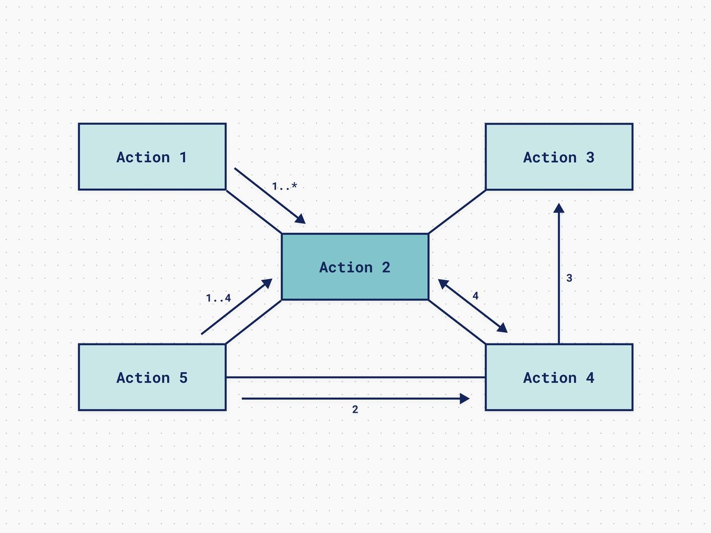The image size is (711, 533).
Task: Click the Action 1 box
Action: (152, 157)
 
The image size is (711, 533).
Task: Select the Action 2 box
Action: (354, 267)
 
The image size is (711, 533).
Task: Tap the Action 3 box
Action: (559, 157)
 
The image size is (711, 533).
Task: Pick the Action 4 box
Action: (559, 377)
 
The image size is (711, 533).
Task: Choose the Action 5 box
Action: (152, 377)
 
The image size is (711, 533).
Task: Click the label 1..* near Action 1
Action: (284, 187)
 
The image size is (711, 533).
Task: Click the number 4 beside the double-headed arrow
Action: (475, 296)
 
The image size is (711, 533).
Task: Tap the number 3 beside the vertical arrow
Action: (569, 277)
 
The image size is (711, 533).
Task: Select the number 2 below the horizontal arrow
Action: (355, 409)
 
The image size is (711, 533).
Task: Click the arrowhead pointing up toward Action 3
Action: (559, 207)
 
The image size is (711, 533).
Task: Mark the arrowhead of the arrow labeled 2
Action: (465, 399)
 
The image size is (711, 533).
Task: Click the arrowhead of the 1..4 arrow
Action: (268, 283)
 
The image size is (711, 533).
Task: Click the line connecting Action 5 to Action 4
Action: (355, 377)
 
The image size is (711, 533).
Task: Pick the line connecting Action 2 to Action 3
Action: (457, 211)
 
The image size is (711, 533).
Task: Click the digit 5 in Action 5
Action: (183, 377)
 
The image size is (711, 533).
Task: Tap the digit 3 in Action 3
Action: (590, 157)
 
